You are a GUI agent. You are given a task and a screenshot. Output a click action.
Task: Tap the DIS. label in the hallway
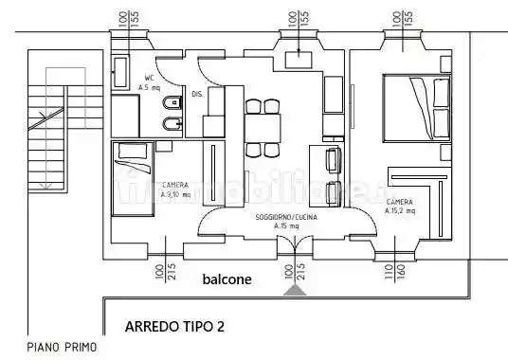pyautogui.click(x=197, y=94)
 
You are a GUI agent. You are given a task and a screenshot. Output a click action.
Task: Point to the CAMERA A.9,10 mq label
pyautogui.click(x=174, y=189)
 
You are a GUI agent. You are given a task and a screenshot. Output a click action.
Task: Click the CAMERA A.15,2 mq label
pyautogui.click(x=399, y=207)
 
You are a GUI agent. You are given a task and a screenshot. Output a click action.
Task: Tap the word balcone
pyautogui.click(x=227, y=279)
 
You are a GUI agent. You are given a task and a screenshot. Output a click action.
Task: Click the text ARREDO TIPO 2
pyautogui.click(x=174, y=327)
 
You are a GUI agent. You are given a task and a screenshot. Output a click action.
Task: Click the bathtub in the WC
pyautogui.click(x=120, y=72)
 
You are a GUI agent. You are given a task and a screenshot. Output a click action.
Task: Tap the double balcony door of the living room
pyautogui.click(x=296, y=244)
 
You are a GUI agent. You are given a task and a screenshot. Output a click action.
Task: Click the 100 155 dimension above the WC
pyautogui.click(x=130, y=19)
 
